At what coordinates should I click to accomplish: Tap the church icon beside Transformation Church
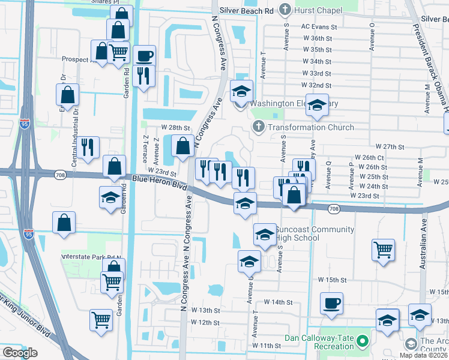coord(259,127)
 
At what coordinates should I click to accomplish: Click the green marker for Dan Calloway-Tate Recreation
coord(362,342)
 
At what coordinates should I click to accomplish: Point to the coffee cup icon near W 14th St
coord(331,304)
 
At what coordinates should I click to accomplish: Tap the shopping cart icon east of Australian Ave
coord(383,249)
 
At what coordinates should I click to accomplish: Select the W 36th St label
coord(318,38)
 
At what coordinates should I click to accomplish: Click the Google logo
coord(20,353)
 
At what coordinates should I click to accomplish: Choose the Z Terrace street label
coord(145,149)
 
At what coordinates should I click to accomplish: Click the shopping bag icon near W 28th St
coord(182,145)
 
